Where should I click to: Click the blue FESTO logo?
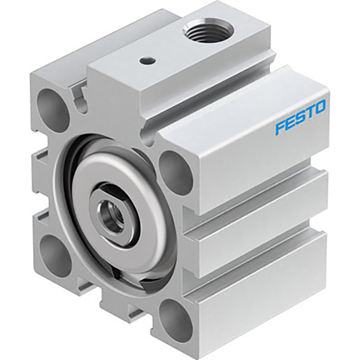[300, 117]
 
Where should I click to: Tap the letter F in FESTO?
[279, 127]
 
